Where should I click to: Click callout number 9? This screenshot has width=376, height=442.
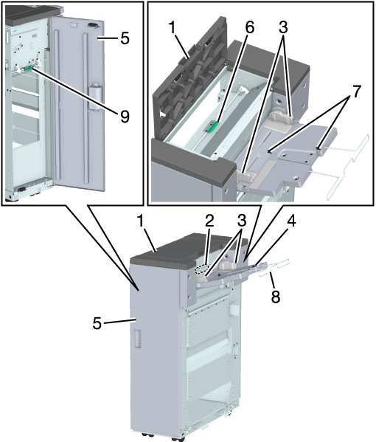coord(125,116)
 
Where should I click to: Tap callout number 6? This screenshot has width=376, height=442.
coord(249,27)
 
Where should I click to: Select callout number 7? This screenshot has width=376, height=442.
coord(355,92)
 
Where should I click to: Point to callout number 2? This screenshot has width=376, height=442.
coord(209,221)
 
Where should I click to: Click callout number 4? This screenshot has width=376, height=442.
coord(291,221)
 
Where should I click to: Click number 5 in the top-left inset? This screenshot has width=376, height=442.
coord(125,38)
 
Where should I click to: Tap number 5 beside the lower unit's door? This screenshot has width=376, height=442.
coord(97,323)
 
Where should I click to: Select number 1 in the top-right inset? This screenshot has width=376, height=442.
coord(173,28)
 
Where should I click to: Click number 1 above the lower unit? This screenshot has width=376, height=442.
coord(141,221)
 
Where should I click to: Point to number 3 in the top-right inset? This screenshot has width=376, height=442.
coord(283,27)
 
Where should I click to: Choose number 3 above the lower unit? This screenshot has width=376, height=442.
coord(242,221)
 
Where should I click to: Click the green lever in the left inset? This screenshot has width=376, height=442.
coord(29,69)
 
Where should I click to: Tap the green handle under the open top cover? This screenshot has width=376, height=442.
coord(213,127)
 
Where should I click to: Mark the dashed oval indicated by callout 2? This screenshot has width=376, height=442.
coord(201,269)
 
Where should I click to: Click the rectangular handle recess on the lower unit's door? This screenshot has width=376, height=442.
coord(137,338)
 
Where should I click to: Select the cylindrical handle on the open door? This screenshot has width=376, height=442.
coord(96,98)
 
